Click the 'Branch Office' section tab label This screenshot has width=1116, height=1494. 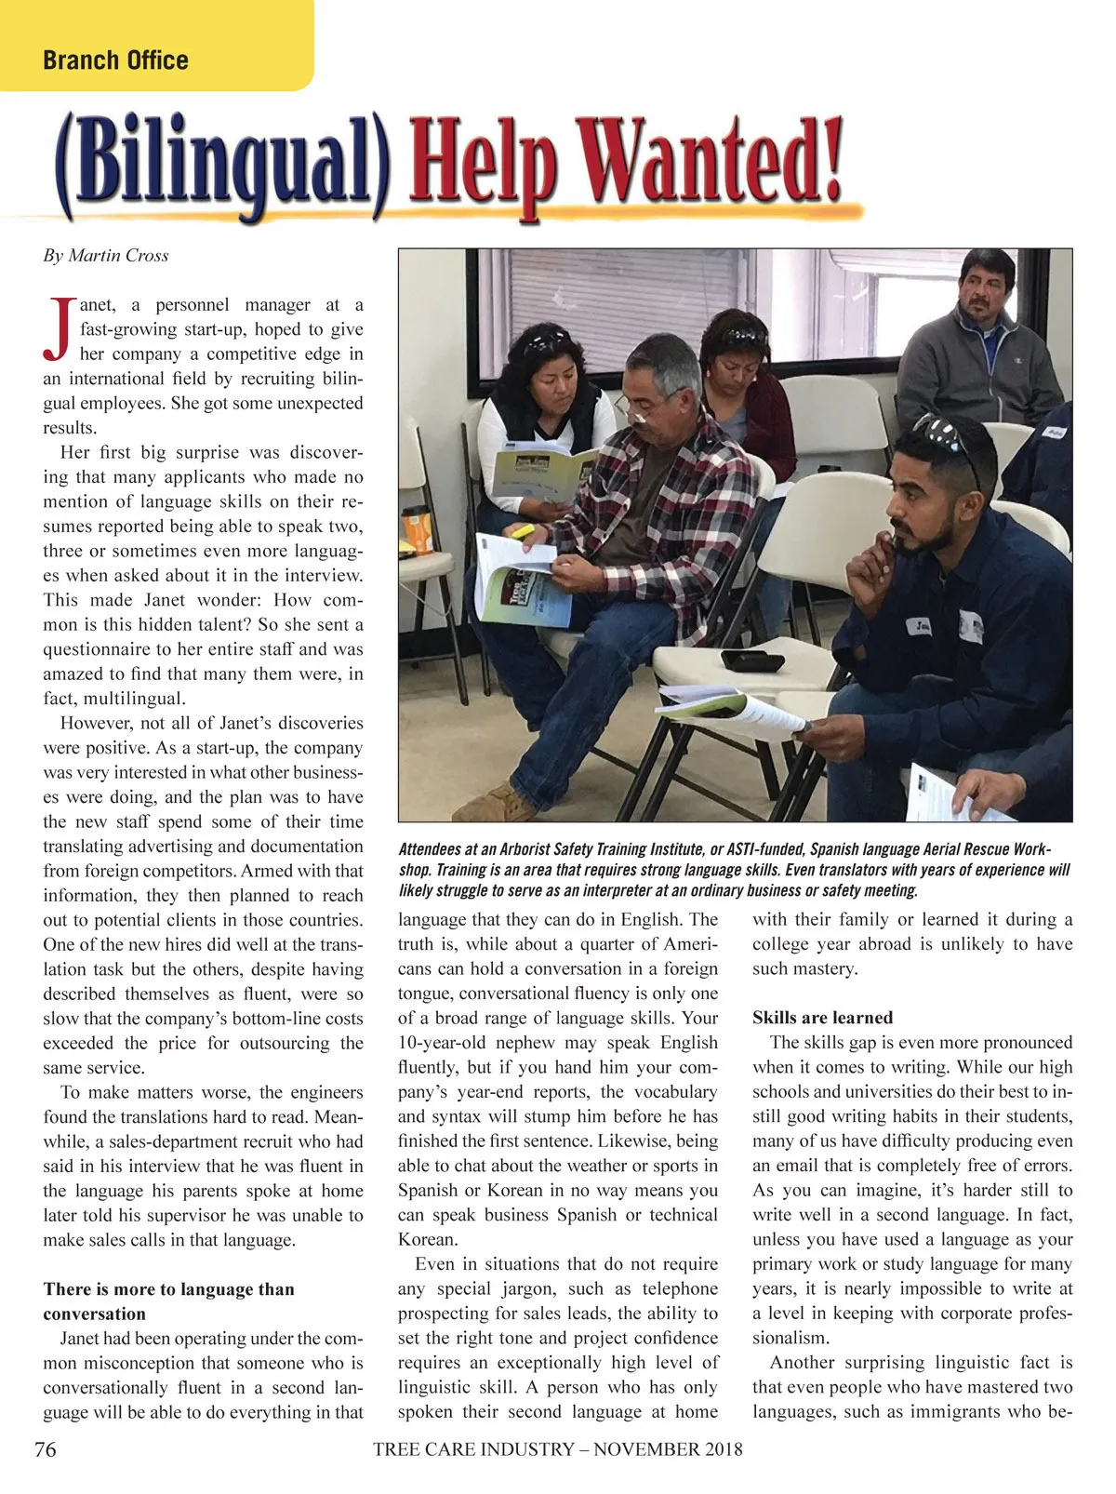[x=115, y=60]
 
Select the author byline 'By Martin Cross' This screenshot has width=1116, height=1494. [x=106, y=256]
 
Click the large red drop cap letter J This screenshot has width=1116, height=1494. [x=59, y=328]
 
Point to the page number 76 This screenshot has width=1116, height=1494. [x=45, y=1449]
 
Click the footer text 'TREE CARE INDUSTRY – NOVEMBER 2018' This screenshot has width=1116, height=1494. [x=558, y=1449]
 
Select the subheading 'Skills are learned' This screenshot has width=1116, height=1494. [x=822, y=1018]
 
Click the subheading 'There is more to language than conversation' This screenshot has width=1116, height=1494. [x=168, y=1301]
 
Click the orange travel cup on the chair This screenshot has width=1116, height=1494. [x=416, y=531]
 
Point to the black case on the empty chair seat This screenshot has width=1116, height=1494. [x=751, y=661]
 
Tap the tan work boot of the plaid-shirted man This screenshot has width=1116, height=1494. [x=507, y=802]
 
